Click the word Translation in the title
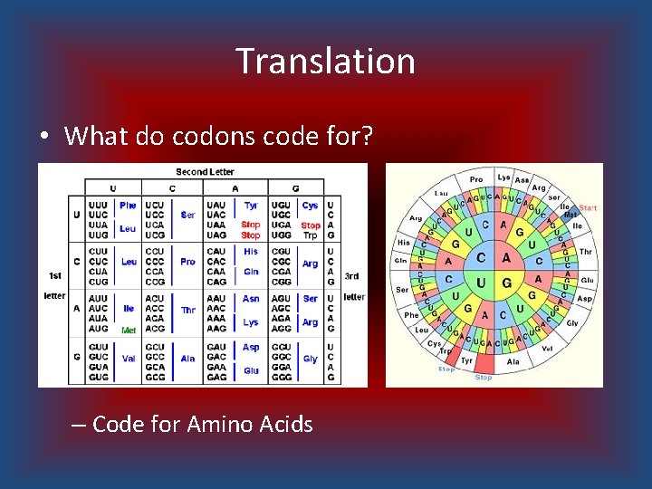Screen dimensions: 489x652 (326, 62)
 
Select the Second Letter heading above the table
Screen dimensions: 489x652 (205, 171)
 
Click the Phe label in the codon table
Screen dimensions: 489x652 (128, 206)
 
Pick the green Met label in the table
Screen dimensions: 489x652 (129, 331)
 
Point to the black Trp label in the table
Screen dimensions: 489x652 (310, 235)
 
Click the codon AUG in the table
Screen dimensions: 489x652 (99, 329)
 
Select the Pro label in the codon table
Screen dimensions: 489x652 (187, 262)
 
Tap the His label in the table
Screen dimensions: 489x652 (251, 251)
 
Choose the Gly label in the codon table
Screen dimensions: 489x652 (310, 359)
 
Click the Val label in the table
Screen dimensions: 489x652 (128, 359)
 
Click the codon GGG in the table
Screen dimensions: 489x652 (281, 377)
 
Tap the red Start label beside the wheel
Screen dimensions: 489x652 (589, 208)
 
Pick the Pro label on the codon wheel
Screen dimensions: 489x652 (476, 179)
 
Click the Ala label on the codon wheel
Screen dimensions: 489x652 (513, 361)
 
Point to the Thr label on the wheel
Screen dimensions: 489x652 (585, 252)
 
